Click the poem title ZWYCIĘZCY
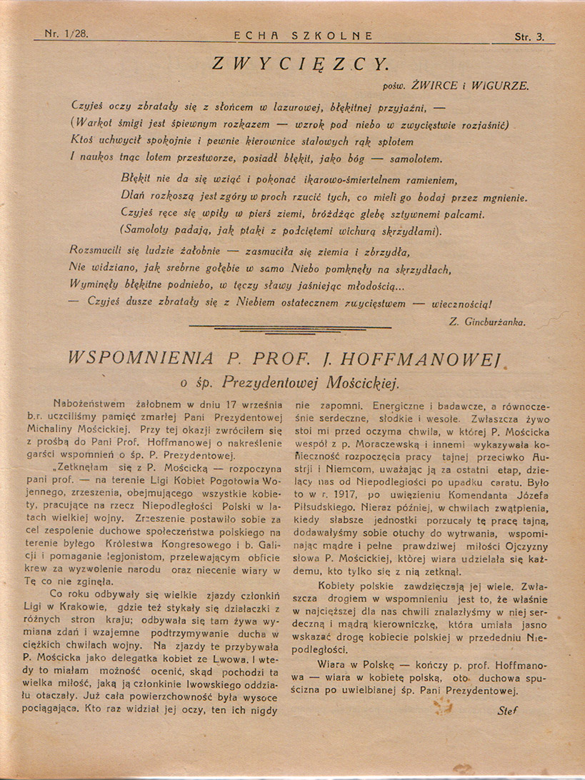301,63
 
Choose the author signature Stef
508,711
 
